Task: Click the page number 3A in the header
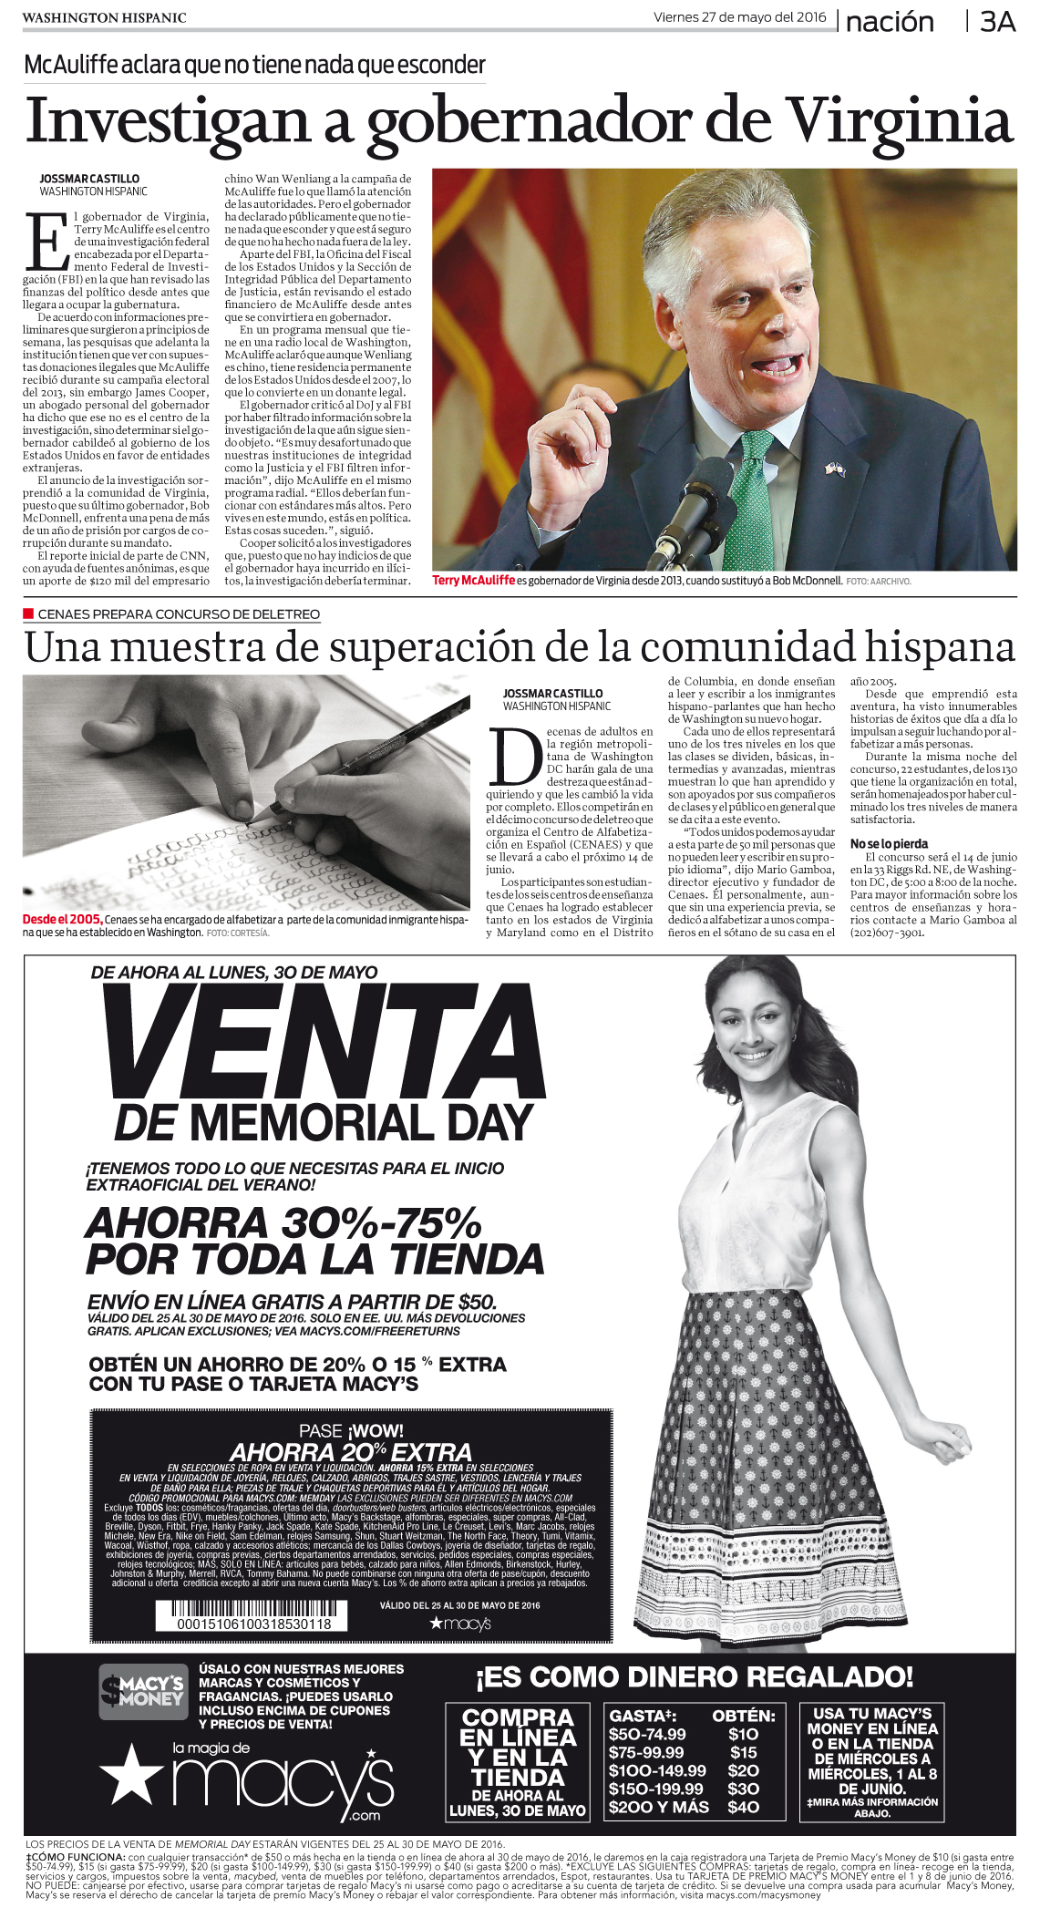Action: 997,21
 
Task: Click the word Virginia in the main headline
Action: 900,120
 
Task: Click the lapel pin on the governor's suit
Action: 833,469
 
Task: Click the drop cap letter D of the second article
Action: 515,757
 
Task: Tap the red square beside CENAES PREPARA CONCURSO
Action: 28,614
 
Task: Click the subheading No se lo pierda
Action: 889,844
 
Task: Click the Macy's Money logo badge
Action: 142,1691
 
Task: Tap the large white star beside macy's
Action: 131,1773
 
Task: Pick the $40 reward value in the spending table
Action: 743,1806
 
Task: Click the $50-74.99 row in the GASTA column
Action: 647,1733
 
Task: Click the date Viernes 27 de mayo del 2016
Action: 739,17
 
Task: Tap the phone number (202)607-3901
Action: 887,933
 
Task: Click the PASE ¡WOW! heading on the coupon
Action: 351,1430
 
